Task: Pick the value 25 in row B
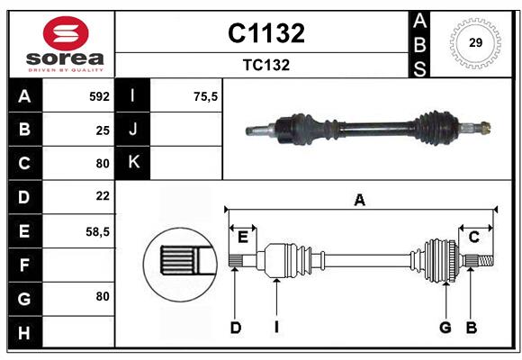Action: coord(102,130)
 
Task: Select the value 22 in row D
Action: coord(102,195)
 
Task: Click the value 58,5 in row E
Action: coord(97,231)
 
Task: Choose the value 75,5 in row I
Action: coord(206,96)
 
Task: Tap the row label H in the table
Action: coord(24,334)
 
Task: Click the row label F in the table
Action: coord(24,265)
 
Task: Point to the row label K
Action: coord(133,163)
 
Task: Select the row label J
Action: coord(133,130)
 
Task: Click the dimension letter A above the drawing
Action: coord(360,201)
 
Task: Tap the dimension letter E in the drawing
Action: coord(242,237)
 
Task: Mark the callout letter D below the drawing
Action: coord(235,328)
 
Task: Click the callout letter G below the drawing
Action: coord(445,328)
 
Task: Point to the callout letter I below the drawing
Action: coord(276,328)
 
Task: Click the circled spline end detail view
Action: coord(179,261)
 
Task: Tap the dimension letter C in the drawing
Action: coord(473,237)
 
